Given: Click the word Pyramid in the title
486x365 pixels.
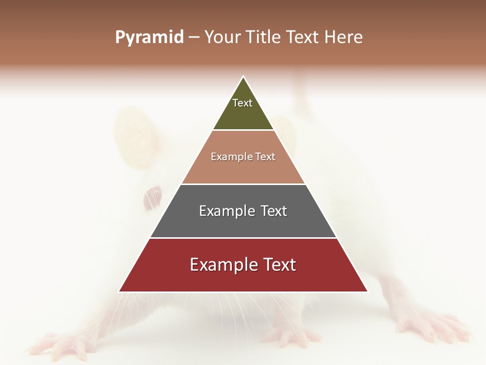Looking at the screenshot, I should pyautogui.click(x=149, y=38).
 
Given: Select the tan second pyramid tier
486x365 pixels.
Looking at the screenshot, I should pyautogui.click(x=243, y=167).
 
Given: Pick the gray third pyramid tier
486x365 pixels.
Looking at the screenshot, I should pyautogui.click(x=243, y=223).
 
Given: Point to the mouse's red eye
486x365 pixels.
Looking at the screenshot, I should pyautogui.click(x=153, y=195).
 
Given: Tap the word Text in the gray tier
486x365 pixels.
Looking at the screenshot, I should pyautogui.click(x=273, y=211).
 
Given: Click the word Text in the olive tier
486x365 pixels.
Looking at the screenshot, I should pyautogui.click(x=242, y=103).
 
